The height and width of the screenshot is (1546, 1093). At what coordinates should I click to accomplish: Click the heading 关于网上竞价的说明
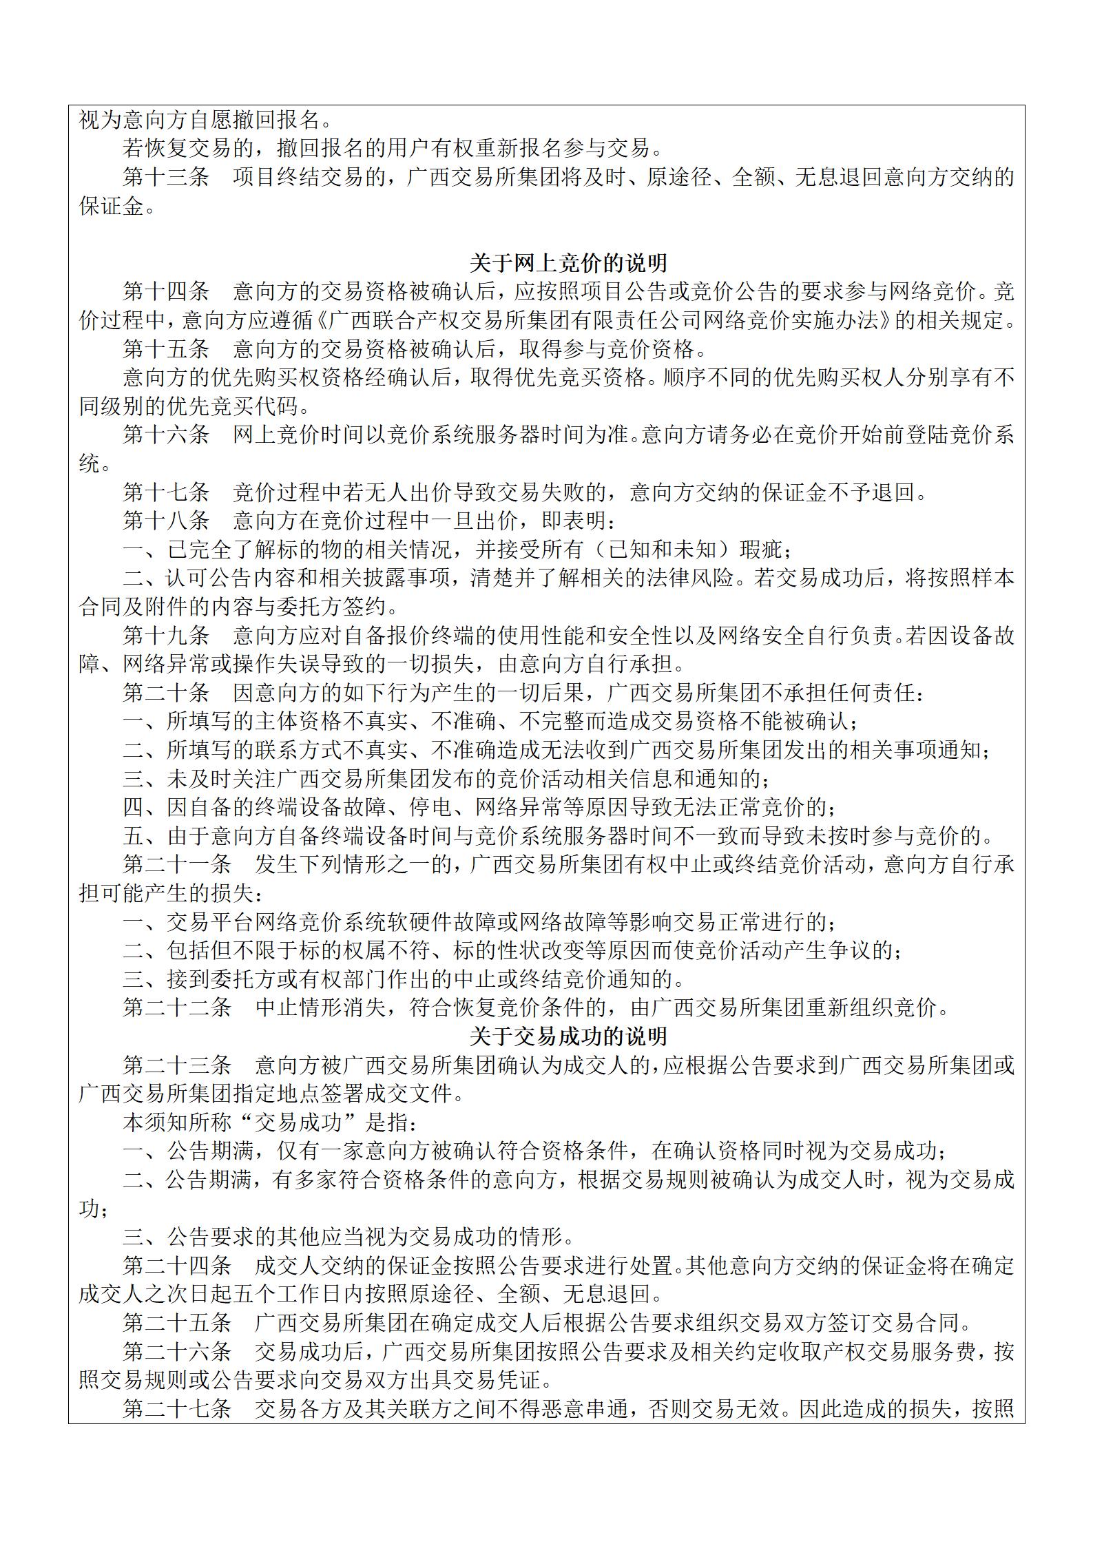(568, 264)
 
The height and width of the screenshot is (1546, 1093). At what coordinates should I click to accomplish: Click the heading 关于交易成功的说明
(568, 1037)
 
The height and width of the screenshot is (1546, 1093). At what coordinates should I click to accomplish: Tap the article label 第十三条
(166, 178)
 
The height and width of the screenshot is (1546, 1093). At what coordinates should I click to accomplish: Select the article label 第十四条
(166, 292)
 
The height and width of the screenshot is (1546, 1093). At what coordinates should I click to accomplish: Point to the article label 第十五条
(166, 349)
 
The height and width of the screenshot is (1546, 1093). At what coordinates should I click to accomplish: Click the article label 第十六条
(166, 435)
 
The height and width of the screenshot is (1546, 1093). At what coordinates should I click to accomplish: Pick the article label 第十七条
(166, 492)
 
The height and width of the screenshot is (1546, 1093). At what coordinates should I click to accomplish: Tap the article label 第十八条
(166, 521)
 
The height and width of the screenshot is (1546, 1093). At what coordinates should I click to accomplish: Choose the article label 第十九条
(166, 636)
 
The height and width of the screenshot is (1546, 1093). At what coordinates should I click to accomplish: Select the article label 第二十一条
(177, 865)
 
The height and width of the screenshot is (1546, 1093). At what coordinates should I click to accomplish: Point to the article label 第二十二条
(177, 1008)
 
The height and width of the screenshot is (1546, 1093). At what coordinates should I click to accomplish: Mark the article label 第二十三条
(177, 1066)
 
